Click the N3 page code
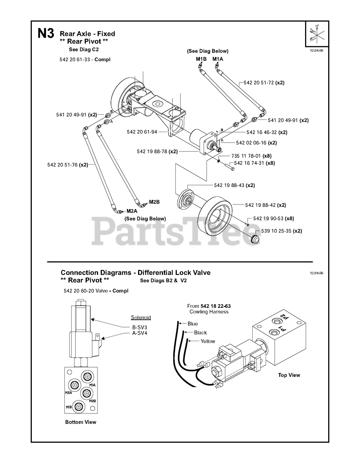[x=46, y=34]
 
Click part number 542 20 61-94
[x=142, y=132]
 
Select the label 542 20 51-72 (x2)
[x=264, y=83]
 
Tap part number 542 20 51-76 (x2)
[x=68, y=165]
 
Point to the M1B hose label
[x=201, y=59]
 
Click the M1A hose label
[x=218, y=59]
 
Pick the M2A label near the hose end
[x=132, y=211]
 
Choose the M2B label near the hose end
[x=154, y=202]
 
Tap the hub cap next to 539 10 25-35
[x=255, y=239]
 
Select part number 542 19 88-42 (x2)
[x=265, y=205]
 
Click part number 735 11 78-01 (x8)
[x=251, y=156]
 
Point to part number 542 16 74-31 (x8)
[x=254, y=163]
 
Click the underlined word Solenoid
[x=141, y=318]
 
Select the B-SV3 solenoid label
[x=140, y=327]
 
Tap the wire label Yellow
[x=208, y=341]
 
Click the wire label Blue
[x=193, y=324]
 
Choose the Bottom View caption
[x=81, y=422]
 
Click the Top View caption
[x=289, y=375]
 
